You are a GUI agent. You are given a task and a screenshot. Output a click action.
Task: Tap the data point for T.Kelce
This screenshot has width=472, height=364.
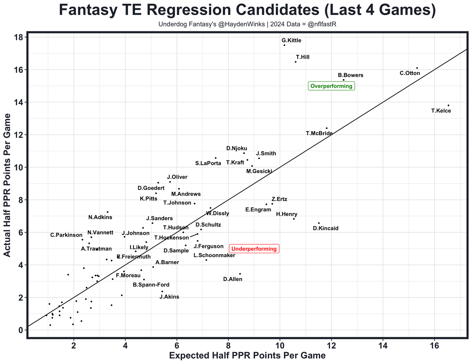click(448, 105)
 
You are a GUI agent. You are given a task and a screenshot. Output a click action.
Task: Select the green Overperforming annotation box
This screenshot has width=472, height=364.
click(331, 86)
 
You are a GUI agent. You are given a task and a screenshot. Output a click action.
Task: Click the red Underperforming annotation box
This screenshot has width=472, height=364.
click(254, 249)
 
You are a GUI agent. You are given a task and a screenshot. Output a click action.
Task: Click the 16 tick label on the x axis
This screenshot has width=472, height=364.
click(434, 346)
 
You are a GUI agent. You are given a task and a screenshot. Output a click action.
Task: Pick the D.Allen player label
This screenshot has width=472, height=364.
click(233, 279)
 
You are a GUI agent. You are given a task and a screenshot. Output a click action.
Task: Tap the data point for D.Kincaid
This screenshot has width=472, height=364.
click(319, 223)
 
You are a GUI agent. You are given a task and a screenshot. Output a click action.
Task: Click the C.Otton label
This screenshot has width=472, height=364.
click(410, 73)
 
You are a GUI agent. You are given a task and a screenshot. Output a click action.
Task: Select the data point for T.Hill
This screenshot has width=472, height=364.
click(296, 62)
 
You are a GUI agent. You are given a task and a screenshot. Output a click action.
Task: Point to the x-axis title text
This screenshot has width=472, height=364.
click(247, 356)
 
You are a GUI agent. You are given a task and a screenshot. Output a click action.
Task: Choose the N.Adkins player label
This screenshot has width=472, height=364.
click(100, 217)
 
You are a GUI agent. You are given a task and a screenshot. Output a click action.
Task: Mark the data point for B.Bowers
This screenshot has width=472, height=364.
click(343, 80)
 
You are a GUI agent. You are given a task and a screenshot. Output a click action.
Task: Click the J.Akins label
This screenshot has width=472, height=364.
click(169, 297)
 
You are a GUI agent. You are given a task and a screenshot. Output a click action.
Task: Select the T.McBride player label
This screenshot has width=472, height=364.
click(319, 133)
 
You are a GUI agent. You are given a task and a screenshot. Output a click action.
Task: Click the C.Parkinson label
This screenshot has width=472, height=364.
click(66, 235)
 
